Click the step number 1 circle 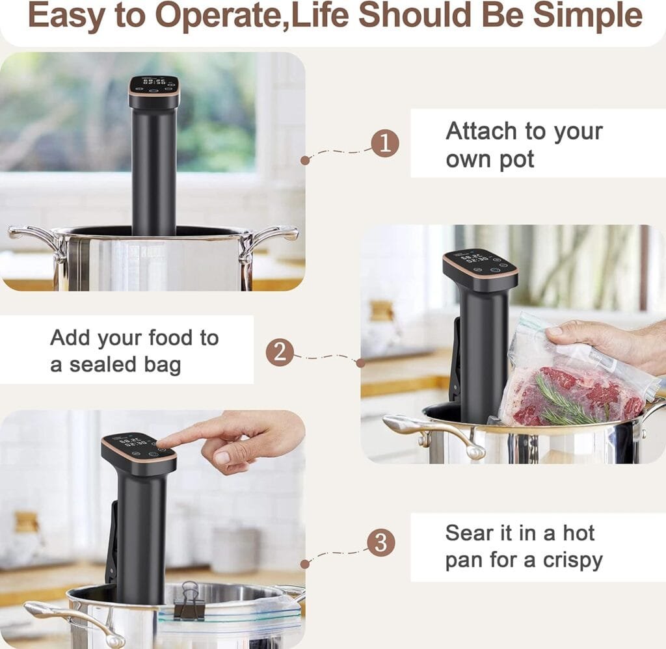coord(384,143)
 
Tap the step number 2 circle coord(280,352)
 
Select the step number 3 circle coord(380,542)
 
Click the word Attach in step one coord(482,131)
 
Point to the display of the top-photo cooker coord(153,85)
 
